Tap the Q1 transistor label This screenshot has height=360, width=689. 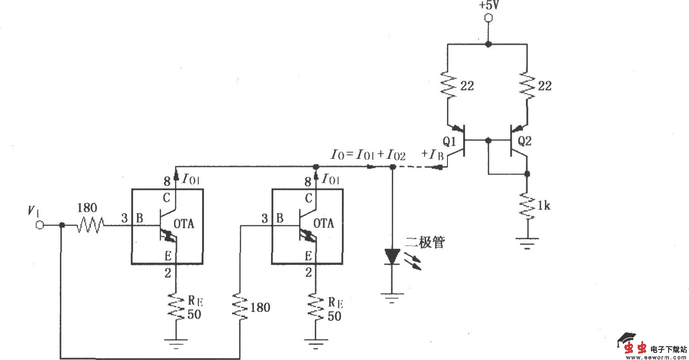point(450,141)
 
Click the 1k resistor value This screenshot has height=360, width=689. point(544,205)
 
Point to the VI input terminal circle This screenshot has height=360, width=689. point(39,225)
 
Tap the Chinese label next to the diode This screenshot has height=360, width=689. point(424,243)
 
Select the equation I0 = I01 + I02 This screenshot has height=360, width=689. point(368,154)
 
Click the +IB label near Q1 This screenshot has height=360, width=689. point(433,154)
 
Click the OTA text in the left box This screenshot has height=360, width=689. point(184,224)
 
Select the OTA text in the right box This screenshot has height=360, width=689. point(324,223)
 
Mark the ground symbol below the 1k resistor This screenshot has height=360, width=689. point(527,243)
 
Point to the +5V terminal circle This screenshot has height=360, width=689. point(487,19)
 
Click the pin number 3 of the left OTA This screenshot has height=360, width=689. point(124,218)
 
